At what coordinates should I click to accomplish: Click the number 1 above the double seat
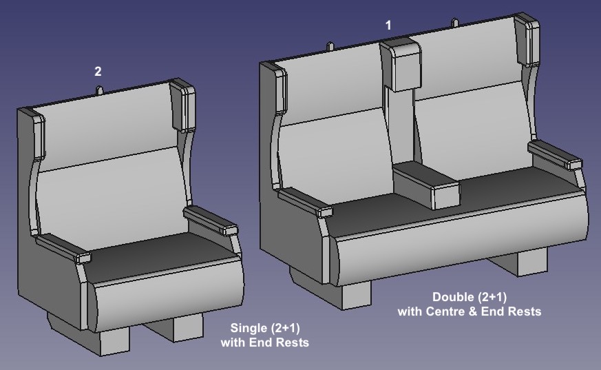pos(388,25)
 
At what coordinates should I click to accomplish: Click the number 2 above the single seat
pos(98,71)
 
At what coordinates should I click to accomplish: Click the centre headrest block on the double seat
pos(401,65)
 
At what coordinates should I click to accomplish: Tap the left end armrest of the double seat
pos(306,202)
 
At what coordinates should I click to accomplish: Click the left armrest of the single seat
pos(63,247)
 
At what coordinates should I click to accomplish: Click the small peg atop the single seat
pos(99,90)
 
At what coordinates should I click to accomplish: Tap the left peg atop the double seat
pos(330,46)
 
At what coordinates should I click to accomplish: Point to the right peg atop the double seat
pos(455,23)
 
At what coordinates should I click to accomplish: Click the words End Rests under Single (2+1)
pos(279,342)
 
